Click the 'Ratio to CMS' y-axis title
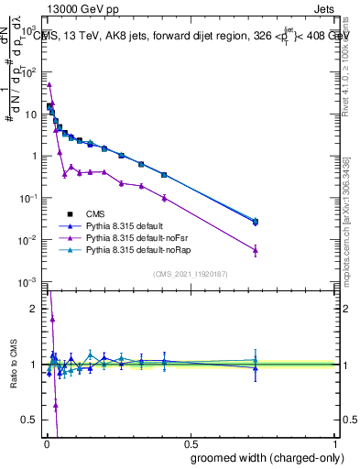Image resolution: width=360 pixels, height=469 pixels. pyautogui.click(x=12, y=365)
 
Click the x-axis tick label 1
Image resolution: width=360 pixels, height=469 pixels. pyautogui.click(x=336, y=442)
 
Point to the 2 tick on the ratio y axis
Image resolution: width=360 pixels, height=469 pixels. pyautogui.click(x=34, y=309)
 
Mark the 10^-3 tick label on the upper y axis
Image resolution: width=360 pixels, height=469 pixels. pyautogui.click(x=28, y=282)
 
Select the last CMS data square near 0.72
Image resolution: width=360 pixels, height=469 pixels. pyautogui.click(x=256, y=222)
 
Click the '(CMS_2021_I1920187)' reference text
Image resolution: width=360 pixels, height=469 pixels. pyautogui.click(x=190, y=273)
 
